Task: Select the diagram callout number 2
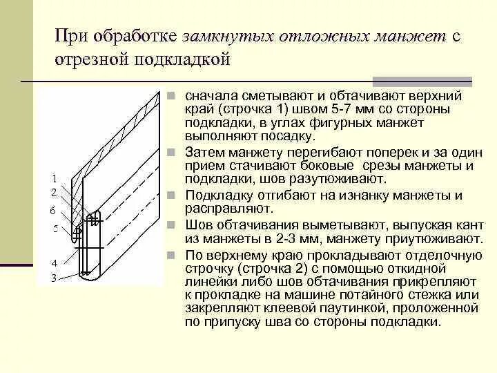(x=54, y=193)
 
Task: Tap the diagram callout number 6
(x=54, y=209)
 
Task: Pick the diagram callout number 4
(x=54, y=263)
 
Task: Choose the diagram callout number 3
(x=54, y=278)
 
